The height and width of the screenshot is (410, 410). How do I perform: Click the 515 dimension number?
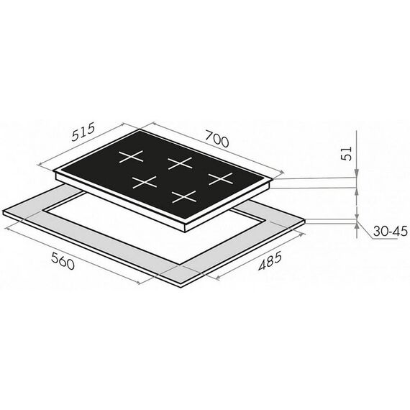coord(83,132)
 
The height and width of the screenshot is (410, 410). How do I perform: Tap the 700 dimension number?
coord(217,139)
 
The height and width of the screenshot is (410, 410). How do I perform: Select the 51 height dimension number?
coord(347,153)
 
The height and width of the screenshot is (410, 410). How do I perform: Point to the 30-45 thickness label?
coord(390,232)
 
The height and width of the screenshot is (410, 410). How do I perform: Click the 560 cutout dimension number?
coord(63,261)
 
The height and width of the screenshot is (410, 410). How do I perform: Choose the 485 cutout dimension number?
coord(270,260)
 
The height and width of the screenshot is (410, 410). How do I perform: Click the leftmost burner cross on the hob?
coord(131,157)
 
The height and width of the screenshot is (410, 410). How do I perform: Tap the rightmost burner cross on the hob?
coord(221,179)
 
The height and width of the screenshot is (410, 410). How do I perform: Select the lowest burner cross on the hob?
coord(184,197)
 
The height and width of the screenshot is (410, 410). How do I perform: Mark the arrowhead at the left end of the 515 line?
coord(40,165)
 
